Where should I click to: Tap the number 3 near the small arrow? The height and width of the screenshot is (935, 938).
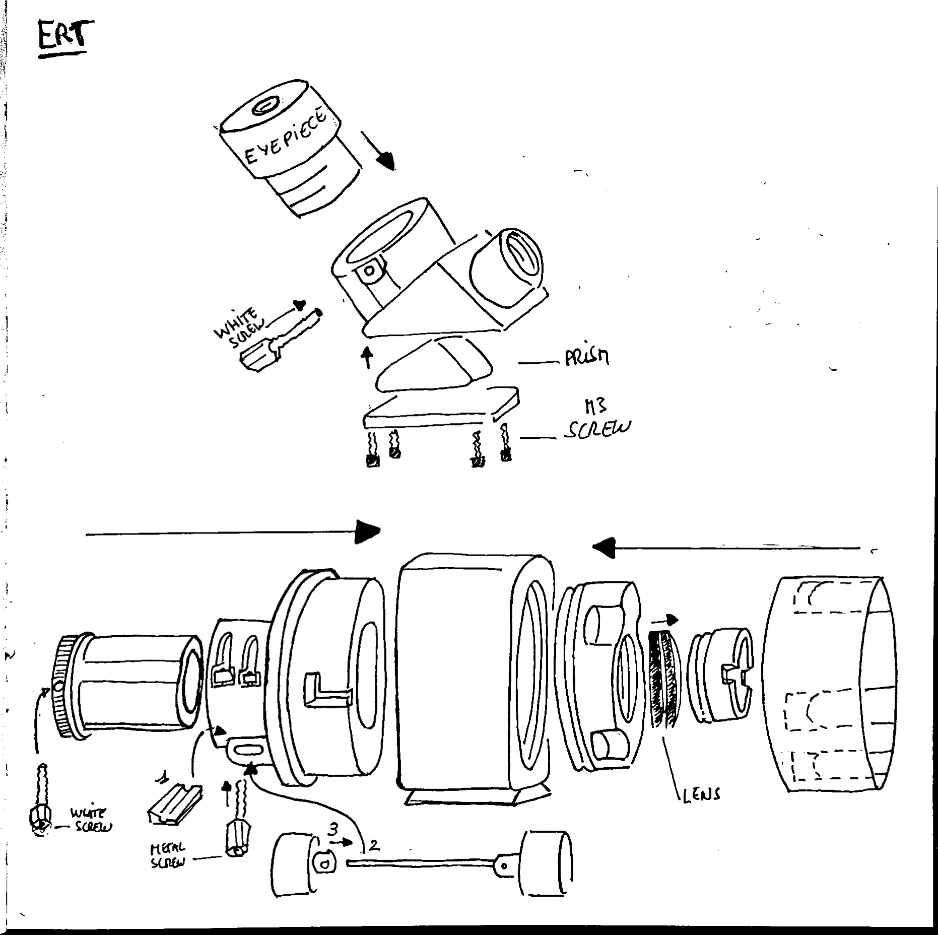(x=333, y=829)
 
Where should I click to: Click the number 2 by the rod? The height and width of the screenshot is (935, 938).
(x=374, y=845)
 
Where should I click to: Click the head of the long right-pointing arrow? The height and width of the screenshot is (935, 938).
(x=366, y=532)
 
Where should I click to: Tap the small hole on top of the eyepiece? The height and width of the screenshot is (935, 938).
(x=265, y=107)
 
